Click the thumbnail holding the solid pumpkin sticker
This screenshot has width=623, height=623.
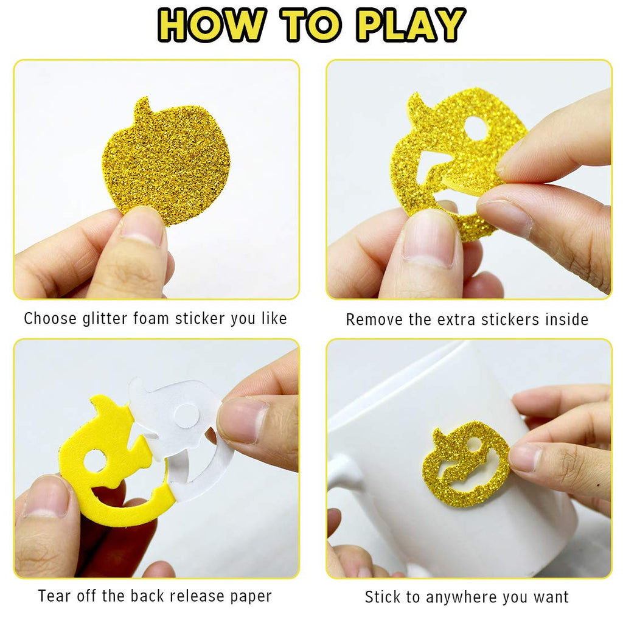(x=141, y=226)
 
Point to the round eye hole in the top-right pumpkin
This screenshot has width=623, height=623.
(x=476, y=128)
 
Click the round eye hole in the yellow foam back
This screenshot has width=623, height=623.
(x=94, y=461)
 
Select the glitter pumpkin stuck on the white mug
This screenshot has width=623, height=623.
(x=465, y=464)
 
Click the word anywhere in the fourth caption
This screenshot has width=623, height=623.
(x=461, y=597)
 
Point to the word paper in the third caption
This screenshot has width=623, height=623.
(x=251, y=597)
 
